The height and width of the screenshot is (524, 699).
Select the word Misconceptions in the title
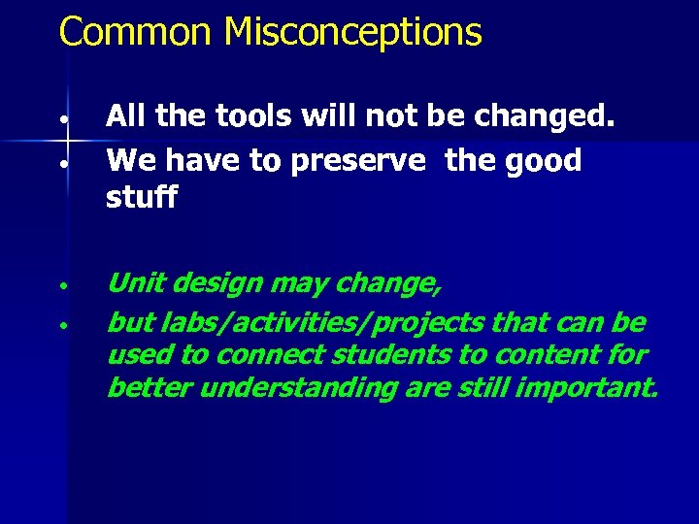coord(352,32)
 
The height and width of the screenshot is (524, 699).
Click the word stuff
coord(142,198)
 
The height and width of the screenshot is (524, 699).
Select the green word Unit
coord(134,283)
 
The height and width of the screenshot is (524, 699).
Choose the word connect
coord(257,355)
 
